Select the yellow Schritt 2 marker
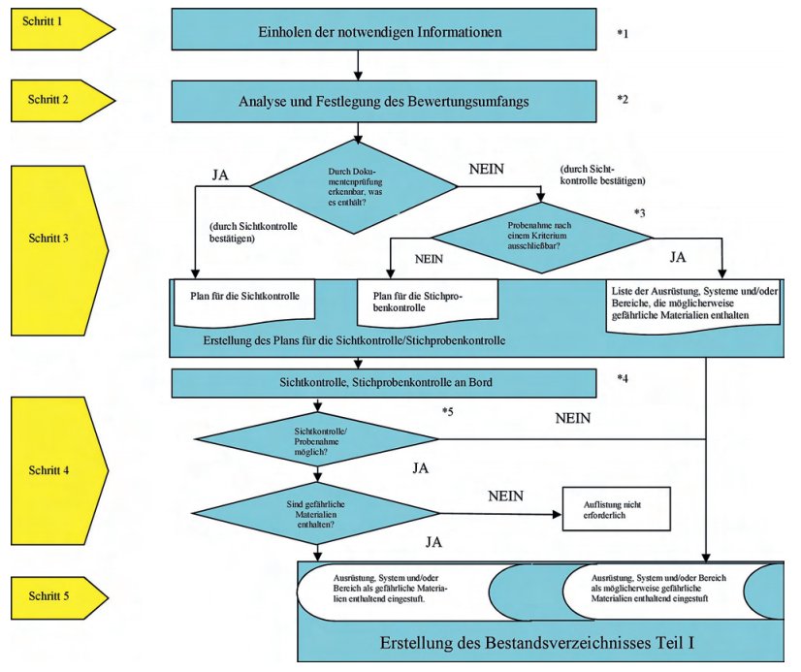(52, 99)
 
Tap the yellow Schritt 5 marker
(52, 594)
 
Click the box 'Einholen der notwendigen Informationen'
(384, 32)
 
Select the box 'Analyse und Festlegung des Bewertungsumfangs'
(384, 101)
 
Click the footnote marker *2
(624, 99)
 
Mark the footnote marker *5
(448, 413)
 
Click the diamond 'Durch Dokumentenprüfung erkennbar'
(353, 184)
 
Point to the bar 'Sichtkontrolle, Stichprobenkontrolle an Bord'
(384, 383)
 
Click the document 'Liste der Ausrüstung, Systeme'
(693, 303)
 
